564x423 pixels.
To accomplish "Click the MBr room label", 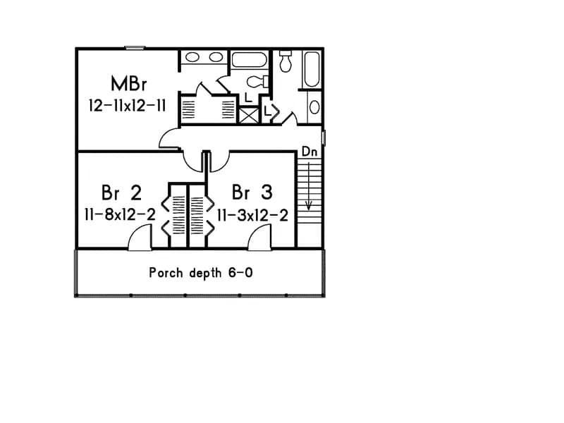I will pyautogui.click(x=128, y=83).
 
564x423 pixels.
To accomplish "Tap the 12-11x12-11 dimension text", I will pyautogui.click(x=128, y=106).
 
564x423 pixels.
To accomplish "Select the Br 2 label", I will pyautogui.click(x=121, y=192).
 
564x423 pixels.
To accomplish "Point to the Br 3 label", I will pyautogui.click(x=252, y=192).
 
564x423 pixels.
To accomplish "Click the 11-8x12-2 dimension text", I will pyautogui.click(x=120, y=215).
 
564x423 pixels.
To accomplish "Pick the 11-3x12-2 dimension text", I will pyautogui.click(x=252, y=215).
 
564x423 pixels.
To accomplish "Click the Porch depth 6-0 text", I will pyautogui.click(x=201, y=272).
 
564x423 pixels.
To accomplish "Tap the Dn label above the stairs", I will pyautogui.click(x=309, y=152).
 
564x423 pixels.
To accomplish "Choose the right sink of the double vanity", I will pyautogui.click(x=216, y=56).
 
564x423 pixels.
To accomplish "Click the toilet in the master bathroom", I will pyautogui.click(x=256, y=80).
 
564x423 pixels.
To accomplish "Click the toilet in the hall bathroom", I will pyautogui.click(x=286, y=61).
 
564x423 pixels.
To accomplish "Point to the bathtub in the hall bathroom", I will pyautogui.click(x=311, y=69).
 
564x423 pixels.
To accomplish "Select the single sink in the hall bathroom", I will pyautogui.click(x=314, y=107).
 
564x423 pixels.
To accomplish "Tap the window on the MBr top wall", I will pyautogui.click(x=135, y=48).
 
